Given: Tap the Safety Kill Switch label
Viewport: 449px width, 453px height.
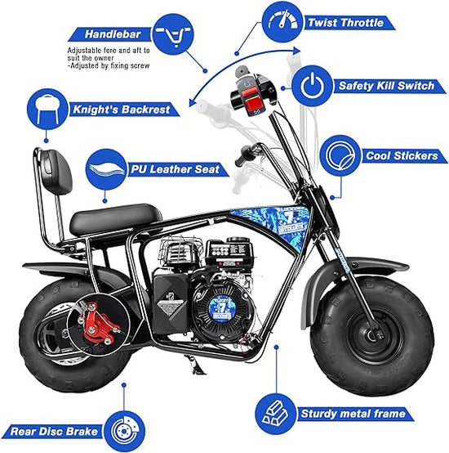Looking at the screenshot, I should point(376,85).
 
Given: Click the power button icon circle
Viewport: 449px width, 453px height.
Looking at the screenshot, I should point(311,85).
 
